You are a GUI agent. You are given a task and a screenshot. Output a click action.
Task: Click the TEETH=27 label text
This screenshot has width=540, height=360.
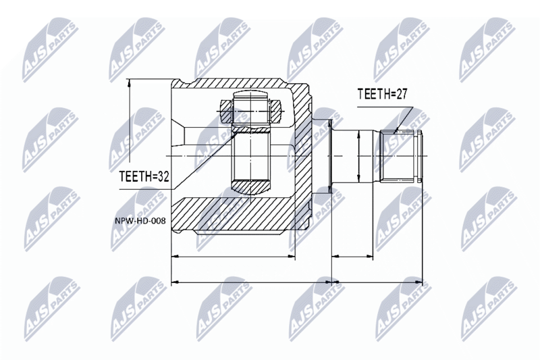coord(382,94)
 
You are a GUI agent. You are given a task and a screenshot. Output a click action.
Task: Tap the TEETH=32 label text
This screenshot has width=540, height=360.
coord(144,177)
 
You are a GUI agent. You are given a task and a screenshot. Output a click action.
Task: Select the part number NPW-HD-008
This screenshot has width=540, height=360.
coord(140,221)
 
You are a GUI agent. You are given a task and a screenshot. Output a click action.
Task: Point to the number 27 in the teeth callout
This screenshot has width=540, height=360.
coord(401,94)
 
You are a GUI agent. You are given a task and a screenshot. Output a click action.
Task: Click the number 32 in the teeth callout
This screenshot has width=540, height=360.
coord(163,177)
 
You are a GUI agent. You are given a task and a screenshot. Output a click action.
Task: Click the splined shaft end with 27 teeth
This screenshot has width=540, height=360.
coord(400,156)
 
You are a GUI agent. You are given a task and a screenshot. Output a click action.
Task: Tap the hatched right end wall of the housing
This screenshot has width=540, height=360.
coord(302,155)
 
